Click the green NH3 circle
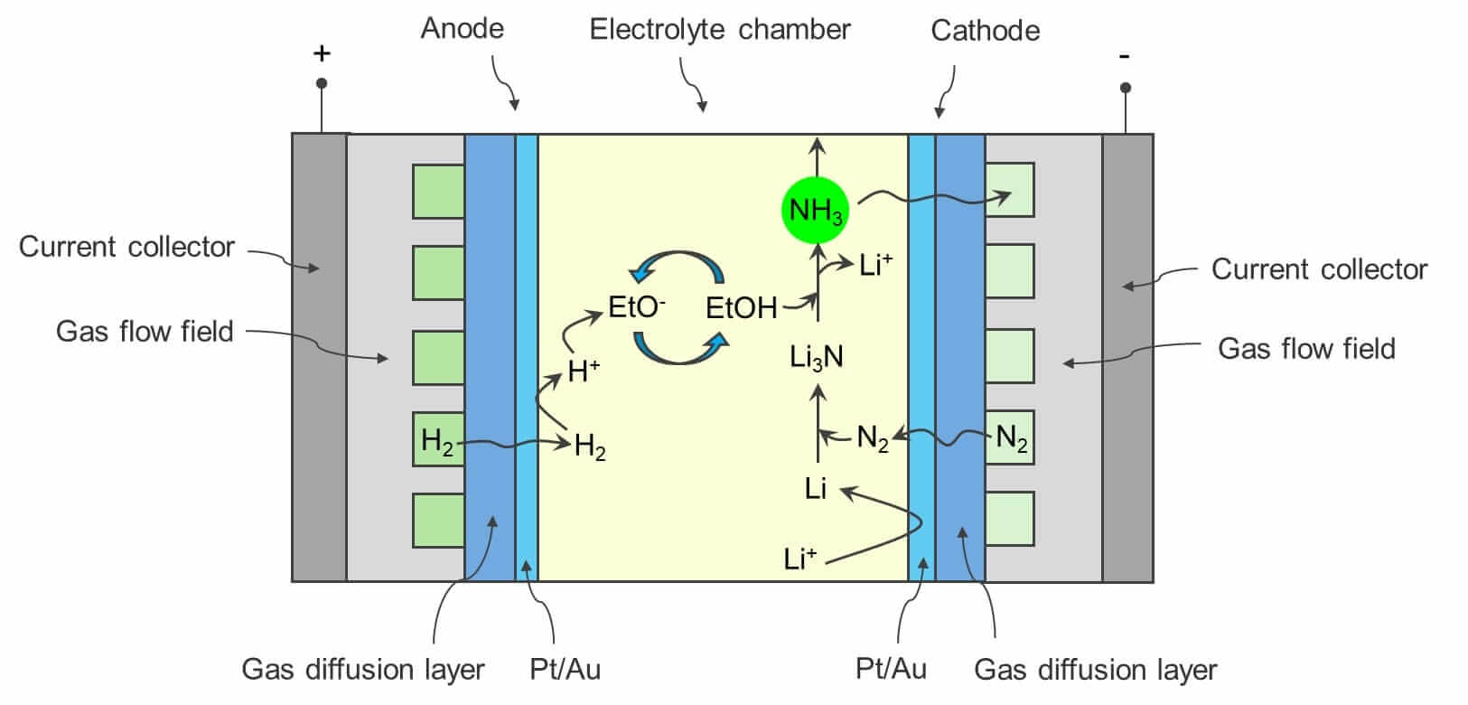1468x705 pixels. pos(816,211)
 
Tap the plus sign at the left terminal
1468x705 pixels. pos(322,54)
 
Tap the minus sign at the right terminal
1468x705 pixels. pos(1124,57)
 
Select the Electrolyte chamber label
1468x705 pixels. pos(720,30)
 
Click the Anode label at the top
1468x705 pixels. pos(462,28)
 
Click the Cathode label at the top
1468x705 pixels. pos(985,31)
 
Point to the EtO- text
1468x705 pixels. pos(636,307)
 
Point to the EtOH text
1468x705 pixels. pos(741,309)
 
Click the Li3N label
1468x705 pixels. pos(816,357)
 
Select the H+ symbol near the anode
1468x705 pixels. pos(583,371)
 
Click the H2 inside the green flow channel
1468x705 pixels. pos(437,442)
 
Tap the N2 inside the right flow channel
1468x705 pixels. pos(1012,439)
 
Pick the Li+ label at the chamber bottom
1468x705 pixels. pos(799,559)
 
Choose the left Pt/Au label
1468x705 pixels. pos(565,670)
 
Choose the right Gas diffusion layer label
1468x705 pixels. pos(1095,670)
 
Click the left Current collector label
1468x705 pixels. pos(126,247)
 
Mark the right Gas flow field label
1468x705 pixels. pos(1305,349)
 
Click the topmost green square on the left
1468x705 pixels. pos(438,191)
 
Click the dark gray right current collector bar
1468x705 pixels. pos(1127,357)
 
